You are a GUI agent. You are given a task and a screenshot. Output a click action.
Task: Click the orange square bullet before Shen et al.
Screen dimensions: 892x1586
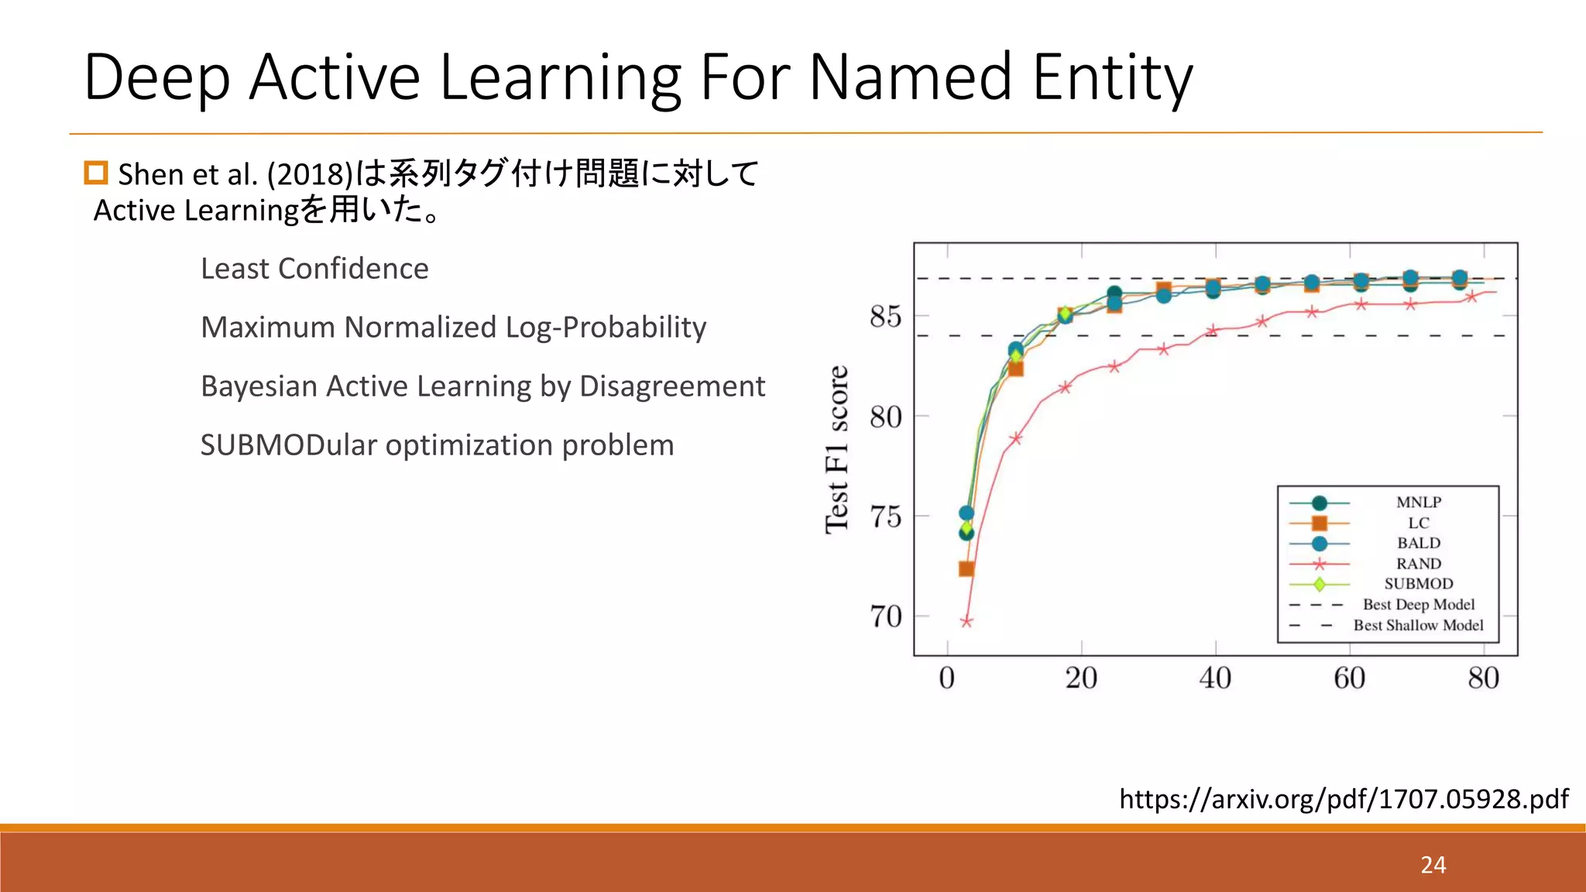[96, 173]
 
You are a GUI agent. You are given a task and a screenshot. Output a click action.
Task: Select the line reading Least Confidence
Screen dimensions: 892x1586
[314, 269]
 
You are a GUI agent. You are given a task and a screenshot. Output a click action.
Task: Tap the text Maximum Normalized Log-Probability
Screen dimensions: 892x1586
[453, 328]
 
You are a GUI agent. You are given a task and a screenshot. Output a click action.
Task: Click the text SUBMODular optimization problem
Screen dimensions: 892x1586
[437, 445]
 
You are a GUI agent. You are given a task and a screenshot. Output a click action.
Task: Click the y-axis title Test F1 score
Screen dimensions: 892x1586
[837, 450]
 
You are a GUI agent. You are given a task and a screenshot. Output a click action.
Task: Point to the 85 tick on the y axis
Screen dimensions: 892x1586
[885, 317]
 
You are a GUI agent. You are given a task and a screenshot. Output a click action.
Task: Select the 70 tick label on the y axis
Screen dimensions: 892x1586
[885, 617]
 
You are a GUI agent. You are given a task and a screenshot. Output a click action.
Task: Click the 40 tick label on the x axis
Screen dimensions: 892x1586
[1215, 678]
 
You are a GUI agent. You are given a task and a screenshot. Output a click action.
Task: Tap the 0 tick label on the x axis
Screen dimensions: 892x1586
[946, 678]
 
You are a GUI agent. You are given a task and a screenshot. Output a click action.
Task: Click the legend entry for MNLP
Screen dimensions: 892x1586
[1418, 503]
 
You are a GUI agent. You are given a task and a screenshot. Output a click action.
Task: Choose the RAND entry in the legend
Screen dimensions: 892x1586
[1418, 564]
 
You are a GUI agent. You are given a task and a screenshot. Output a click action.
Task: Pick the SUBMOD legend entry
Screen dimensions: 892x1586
[1418, 584]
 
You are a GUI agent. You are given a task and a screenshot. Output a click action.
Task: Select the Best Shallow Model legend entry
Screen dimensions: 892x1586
[1418, 625]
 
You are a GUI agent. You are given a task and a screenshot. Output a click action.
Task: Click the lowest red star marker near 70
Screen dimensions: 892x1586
[966, 621]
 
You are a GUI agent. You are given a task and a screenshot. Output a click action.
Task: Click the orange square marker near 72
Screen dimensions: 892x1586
[966, 569]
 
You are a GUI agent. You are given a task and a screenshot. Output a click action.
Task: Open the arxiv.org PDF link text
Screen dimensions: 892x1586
[1344, 798]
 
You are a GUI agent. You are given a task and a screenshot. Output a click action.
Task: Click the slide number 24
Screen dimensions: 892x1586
[1433, 864]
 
